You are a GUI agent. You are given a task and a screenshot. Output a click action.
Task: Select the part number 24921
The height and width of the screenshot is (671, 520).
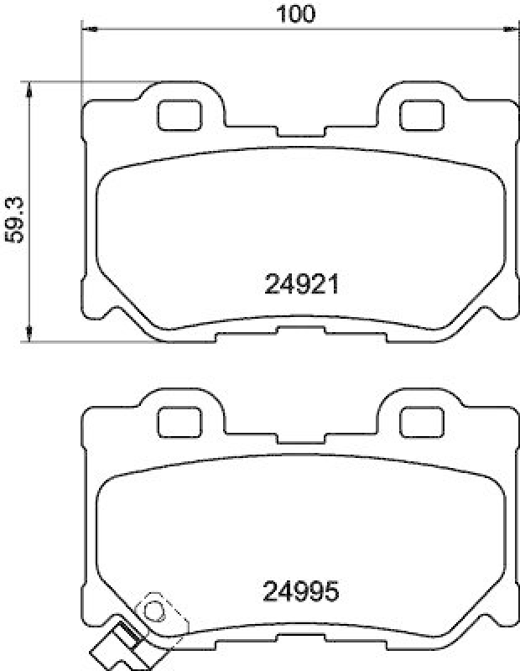[301, 287]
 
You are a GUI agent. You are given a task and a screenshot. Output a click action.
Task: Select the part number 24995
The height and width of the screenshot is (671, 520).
[301, 593]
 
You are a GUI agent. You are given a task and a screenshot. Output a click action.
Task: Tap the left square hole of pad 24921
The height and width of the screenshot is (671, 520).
[182, 114]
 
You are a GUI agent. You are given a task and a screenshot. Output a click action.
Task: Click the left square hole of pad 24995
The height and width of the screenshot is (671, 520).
[182, 419]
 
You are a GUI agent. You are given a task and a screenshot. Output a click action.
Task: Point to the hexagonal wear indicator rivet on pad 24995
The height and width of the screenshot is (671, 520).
[154, 607]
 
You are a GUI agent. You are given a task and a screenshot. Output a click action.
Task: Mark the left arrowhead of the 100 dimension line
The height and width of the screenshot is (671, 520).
[84, 29]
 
